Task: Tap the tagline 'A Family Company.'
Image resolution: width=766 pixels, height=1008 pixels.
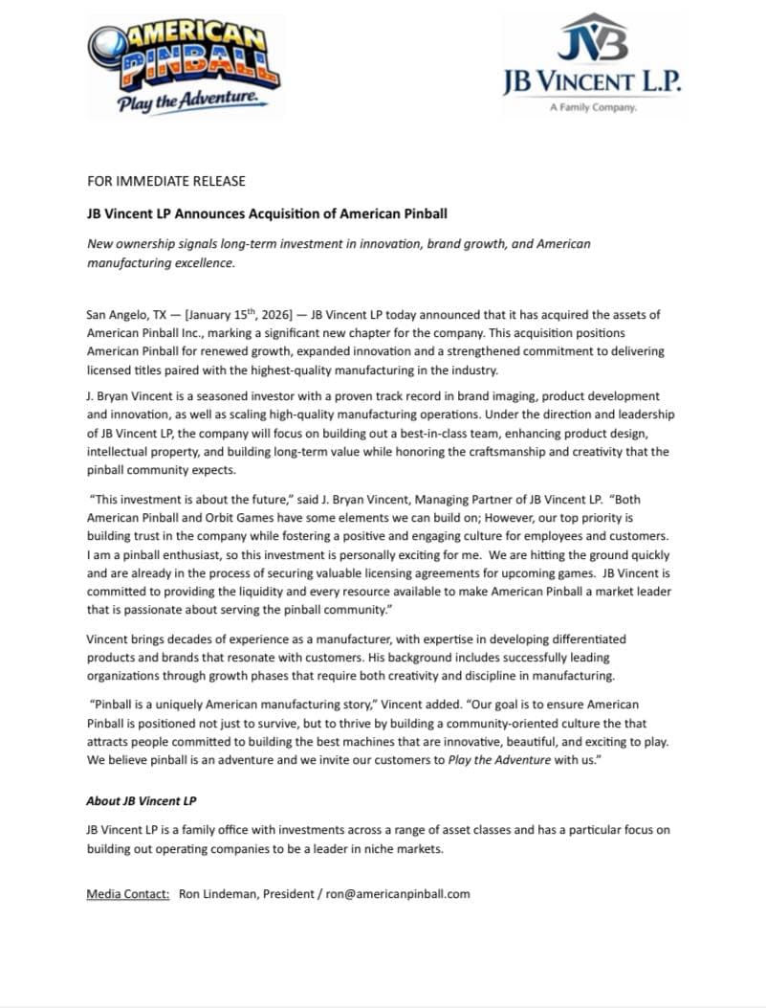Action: tap(593, 108)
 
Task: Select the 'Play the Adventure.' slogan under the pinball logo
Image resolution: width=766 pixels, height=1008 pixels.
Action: tap(187, 101)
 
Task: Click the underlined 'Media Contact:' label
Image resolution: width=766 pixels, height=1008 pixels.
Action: tap(128, 894)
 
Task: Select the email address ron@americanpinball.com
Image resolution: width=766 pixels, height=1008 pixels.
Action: tap(398, 894)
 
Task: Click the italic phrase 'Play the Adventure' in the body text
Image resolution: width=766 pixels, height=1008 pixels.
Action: tap(499, 760)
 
